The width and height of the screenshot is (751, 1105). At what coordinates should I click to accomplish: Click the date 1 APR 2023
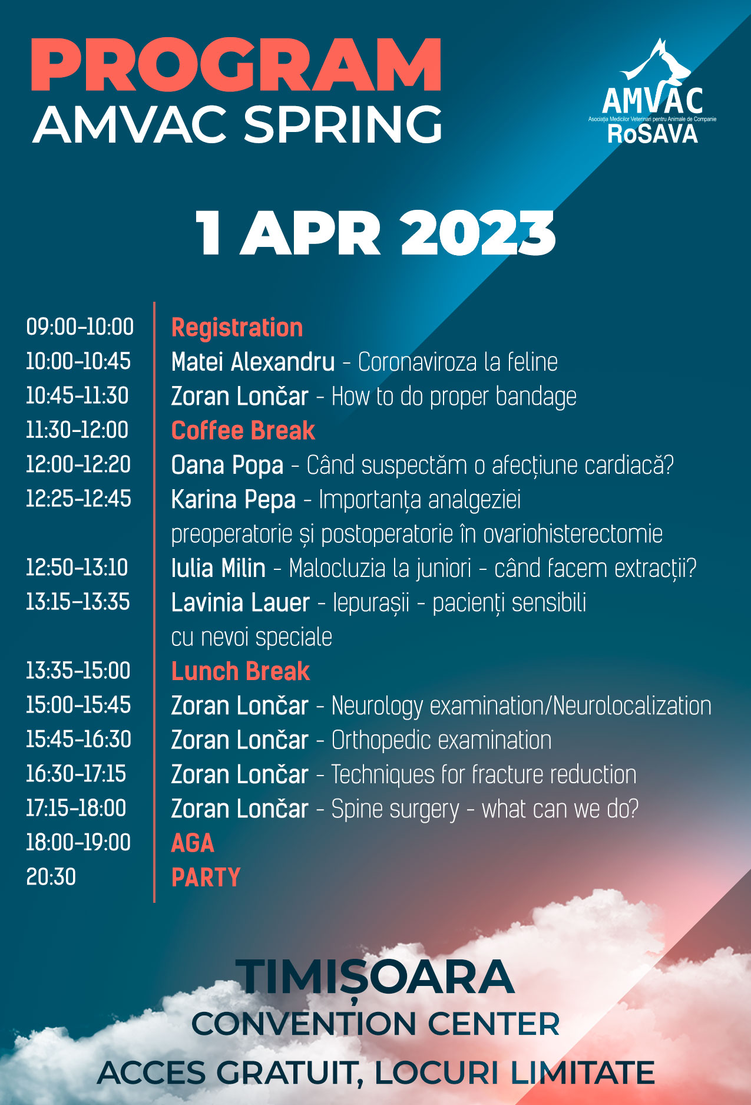pyautogui.click(x=375, y=233)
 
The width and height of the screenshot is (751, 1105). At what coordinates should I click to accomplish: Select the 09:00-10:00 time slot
pyautogui.click(x=80, y=326)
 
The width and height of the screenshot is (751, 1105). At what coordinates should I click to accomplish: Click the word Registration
pyautogui.click(x=237, y=328)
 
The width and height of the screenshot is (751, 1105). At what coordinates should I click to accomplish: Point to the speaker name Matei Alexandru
pyautogui.click(x=253, y=362)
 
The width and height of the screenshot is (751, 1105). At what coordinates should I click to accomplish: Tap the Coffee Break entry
pyautogui.click(x=243, y=431)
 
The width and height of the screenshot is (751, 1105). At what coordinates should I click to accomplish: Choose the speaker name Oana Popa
pyautogui.click(x=227, y=465)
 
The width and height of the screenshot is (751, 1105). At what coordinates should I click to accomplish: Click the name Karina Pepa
pyautogui.click(x=233, y=500)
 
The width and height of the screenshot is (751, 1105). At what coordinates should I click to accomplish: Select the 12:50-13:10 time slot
pyautogui.click(x=77, y=568)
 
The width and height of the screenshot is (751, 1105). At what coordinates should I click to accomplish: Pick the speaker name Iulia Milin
pyautogui.click(x=218, y=568)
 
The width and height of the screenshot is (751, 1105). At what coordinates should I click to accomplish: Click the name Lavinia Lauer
pyautogui.click(x=240, y=603)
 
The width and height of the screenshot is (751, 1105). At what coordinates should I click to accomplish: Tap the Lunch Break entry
pyautogui.click(x=240, y=671)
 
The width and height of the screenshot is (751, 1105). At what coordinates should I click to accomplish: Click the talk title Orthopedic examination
pyautogui.click(x=441, y=740)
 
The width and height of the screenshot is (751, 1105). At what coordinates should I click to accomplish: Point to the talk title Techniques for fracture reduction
pyautogui.click(x=484, y=774)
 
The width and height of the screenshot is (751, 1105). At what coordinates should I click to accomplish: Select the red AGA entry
pyautogui.click(x=193, y=843)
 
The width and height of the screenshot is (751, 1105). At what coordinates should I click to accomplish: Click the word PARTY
pyautogui.click(x=206, y=878)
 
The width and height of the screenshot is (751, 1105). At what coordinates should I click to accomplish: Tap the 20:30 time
pyautogui.click(x=51, y=877)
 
